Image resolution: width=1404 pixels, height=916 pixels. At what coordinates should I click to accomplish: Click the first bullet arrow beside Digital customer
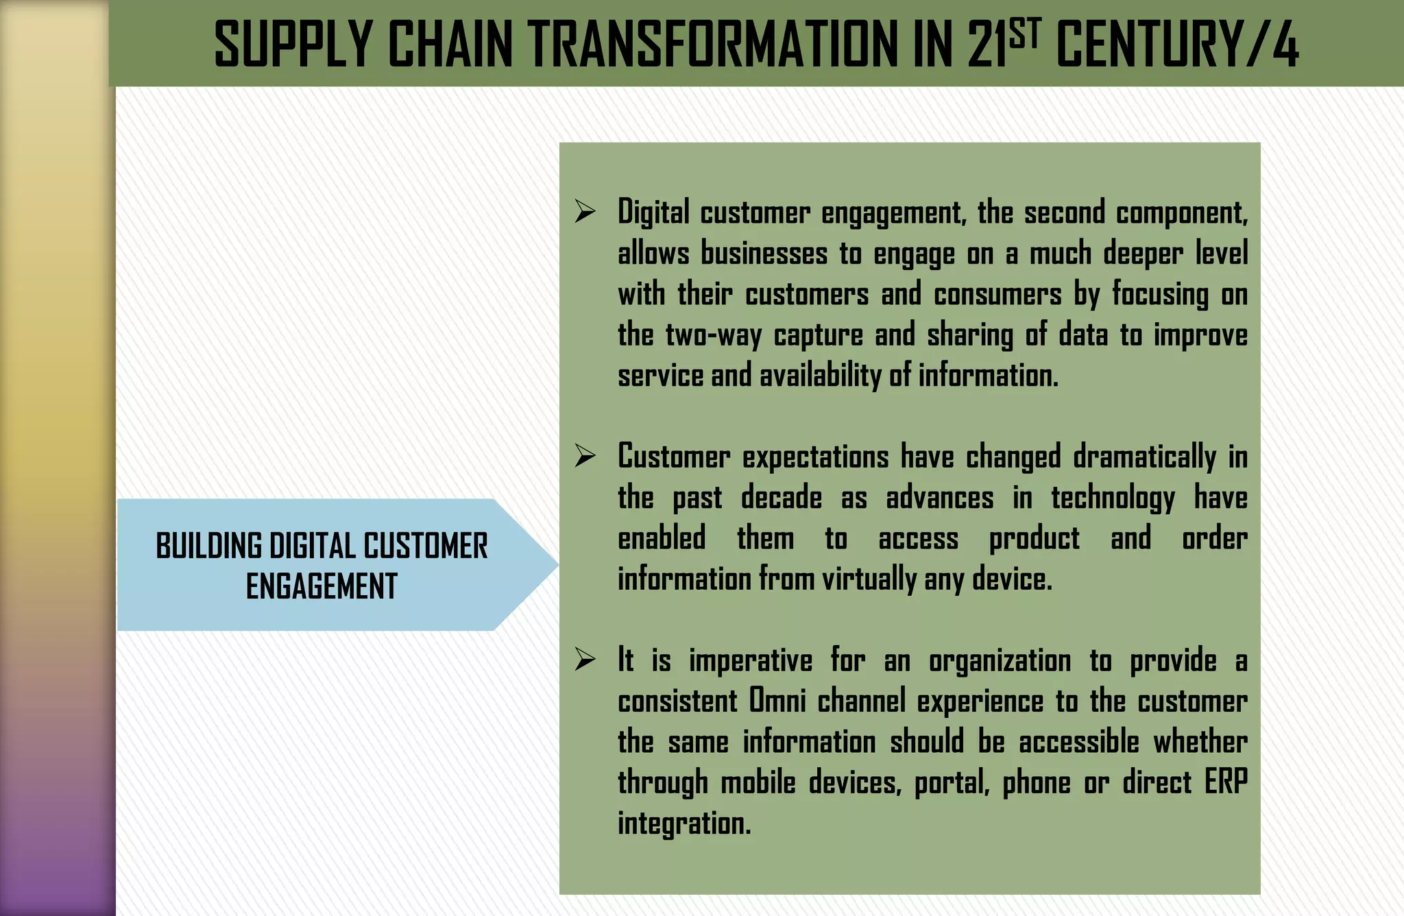click(585, 211)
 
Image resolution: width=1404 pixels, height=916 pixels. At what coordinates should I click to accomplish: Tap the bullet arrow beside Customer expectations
click(585, 455)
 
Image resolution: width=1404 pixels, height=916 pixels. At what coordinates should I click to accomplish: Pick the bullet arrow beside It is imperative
click(585, 659)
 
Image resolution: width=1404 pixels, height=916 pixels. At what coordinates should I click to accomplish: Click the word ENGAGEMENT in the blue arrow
click(322, 586)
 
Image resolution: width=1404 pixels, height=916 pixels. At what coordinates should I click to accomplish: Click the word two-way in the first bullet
click(714, 335)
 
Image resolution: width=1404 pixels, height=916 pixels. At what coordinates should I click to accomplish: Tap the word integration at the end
click(683, 823)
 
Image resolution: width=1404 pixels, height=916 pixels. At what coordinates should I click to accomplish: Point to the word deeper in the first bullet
click(1143, 254)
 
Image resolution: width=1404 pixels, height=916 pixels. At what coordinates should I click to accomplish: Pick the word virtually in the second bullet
click(869, 579)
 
